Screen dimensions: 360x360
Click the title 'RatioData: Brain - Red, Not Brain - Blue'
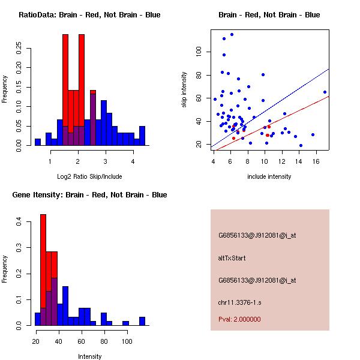pyautogui.click(x=89, y=15)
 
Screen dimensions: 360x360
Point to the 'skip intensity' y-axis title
pyautogui.click(x=185, y=90)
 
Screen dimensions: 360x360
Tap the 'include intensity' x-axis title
pyautogui.click(x=269, y=176)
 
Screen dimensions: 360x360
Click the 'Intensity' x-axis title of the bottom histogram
pyautogui.click(x=89, y=356)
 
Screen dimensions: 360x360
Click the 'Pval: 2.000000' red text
pyautogui.click(x=239, y=319)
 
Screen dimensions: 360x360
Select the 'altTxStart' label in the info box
pyautogui.click(x=232, y=258)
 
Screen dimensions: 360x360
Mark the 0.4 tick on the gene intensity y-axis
pyautogui.click(x=19, y=222)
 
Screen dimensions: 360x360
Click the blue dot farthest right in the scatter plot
pyautogui.click(x=325, y=92)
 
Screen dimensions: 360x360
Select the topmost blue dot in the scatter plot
pyautogui.click(x=232, y=35)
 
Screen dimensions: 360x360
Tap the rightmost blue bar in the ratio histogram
pyautogui.click(x=142, y=136)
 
